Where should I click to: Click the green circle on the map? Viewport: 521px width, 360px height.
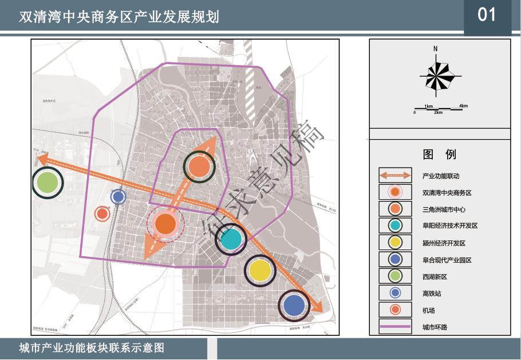(48, 183)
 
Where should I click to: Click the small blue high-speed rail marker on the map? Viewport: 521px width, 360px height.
(118, 197)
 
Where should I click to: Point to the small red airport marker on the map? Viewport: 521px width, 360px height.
(102, 214)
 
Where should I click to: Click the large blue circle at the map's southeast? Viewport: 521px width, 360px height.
(294, 306)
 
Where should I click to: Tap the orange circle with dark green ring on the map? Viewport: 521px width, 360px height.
(199, 167)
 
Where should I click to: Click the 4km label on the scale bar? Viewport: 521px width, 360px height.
(463, 105)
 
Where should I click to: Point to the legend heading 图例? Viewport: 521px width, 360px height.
(439, 154)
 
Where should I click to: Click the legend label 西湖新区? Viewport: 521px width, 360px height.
(434, 277)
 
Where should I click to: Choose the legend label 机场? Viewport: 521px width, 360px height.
(428, 310)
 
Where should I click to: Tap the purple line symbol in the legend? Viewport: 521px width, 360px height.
(395, 327)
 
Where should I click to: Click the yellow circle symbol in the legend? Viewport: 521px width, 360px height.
(395, 243)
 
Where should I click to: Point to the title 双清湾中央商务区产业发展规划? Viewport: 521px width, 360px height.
(119, 17)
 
